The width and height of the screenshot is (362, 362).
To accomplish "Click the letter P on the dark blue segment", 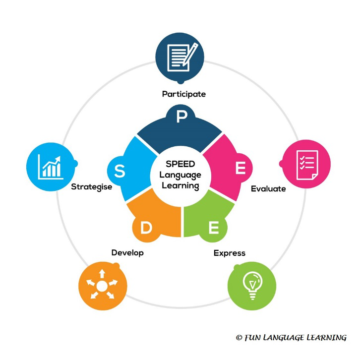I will pos(181,117).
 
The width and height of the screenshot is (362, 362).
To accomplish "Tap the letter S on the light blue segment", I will pos(120,171).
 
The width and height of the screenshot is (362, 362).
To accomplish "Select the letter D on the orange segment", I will pos(146,228).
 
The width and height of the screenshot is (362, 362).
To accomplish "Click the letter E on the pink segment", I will pos(241,169).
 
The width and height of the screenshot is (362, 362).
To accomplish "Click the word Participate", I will pos(183,94).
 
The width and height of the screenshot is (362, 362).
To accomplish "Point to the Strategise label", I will pos(91,187).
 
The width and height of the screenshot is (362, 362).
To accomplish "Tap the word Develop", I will pos(127,253).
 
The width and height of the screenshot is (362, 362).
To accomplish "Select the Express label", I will pos(229,253).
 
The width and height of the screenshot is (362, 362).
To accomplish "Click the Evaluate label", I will pos(268,188).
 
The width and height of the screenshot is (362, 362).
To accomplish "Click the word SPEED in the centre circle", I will pos(181,165).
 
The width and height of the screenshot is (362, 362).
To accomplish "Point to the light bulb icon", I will pos(252,286).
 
